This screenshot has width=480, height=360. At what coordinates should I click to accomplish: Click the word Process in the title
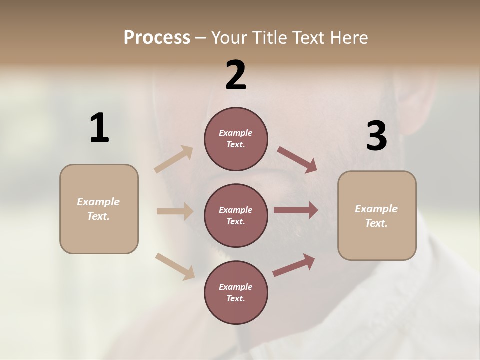[157, 37]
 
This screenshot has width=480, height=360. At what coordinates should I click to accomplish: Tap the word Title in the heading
[267, 37]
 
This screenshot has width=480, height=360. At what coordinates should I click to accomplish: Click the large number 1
[99, 128]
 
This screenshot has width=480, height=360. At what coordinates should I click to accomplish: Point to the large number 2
[236, 75]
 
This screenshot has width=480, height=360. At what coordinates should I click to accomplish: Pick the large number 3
[376, 136]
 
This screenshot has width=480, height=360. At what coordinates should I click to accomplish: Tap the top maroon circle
[236, 139]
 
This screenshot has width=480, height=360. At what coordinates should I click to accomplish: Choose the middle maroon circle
[236, 215]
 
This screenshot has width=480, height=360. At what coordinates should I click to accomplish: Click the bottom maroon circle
[236, 292]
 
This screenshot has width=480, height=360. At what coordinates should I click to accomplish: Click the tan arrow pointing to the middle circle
[175, 211]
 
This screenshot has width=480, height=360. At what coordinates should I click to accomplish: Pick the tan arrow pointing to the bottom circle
[175, 266]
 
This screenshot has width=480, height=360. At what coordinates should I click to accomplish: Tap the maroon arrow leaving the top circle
[297, 159]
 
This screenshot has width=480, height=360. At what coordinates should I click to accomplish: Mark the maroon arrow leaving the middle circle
[296, 210]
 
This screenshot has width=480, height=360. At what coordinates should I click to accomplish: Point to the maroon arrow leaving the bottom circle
[294, 265]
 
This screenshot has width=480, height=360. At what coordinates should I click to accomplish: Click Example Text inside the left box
[98, 209]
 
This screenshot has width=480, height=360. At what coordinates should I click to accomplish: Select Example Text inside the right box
[376, 216]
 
